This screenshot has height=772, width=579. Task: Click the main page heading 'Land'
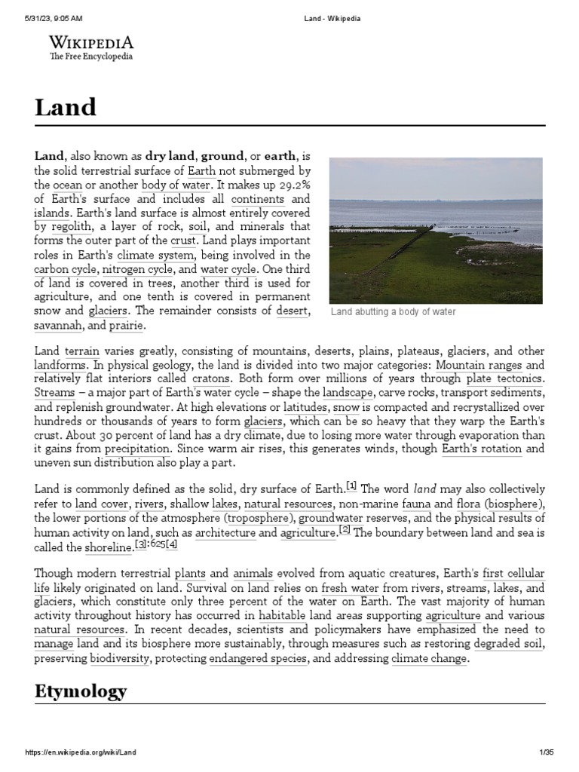[x=66, y=108]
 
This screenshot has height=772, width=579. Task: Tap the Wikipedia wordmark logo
[x=90, y=47]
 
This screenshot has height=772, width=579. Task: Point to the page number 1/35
[x=547, y=752]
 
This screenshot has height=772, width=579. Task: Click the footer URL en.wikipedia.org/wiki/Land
[x=81, y=752]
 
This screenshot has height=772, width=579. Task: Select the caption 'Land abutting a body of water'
[x=393, y=312]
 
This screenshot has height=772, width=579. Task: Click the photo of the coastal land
[x=436, y=230]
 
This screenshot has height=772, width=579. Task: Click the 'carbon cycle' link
[x=66, y=268]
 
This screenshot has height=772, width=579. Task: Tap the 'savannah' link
[x=59, y=326]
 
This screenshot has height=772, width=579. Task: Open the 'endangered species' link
[x=259, y=658]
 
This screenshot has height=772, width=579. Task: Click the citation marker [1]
[x=351, y=485]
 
